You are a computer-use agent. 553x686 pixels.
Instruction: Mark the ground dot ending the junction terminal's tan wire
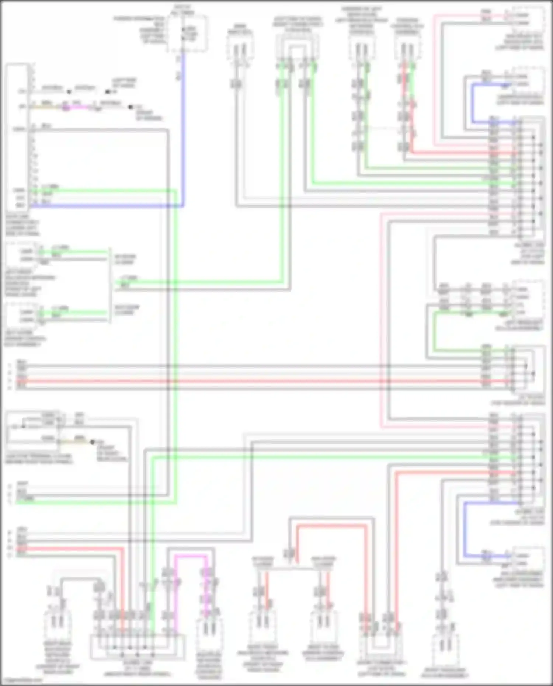coord(93,442)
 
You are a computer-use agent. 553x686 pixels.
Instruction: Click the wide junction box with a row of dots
coord(137,647)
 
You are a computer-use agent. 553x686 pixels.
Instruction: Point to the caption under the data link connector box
coord(22,228)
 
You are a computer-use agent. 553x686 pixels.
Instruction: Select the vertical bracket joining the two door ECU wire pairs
coord(110,286)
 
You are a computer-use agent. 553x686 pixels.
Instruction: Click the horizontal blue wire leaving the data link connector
coord(107,206)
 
